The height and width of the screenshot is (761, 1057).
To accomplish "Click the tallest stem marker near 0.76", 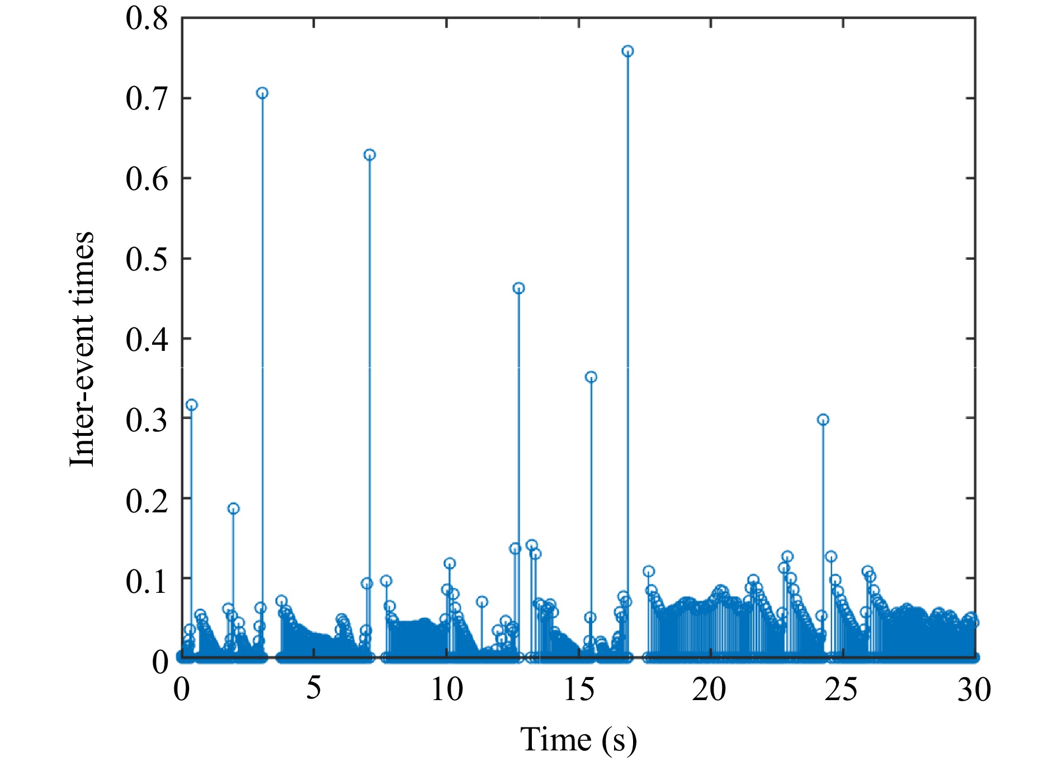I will (x=627, y=51).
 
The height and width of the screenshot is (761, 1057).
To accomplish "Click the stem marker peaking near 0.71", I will (x=262, y=93).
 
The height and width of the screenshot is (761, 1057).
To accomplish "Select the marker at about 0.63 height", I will (x=370, y=155).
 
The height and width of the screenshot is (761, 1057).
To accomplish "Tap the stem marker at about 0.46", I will (x=518, y=288).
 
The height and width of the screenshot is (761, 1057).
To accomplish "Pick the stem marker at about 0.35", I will (x=591, y=377).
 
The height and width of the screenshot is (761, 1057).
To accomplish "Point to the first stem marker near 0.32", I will (x=191, y=405).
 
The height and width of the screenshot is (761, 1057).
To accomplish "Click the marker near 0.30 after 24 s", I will (x=823, y=420).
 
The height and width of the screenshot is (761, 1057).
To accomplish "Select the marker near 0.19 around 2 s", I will (x=233, y=508).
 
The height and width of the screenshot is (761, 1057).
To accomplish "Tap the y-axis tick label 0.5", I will (x=147, y=259).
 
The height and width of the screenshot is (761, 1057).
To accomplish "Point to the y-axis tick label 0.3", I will (x=147, y=419).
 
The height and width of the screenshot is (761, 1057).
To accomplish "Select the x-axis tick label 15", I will (x=579, y=689).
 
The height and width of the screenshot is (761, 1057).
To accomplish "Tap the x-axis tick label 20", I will (x=709, y=689).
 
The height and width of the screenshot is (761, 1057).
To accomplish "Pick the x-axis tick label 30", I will (x=974, y=689).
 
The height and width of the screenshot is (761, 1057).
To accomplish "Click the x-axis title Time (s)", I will (x=578, y=739).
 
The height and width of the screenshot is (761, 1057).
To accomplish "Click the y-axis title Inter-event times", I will (x=82, y=349).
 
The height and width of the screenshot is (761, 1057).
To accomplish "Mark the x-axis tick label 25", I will (x=841, y=689).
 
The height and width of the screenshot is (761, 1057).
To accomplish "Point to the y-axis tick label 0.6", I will (x=147, y=179).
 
